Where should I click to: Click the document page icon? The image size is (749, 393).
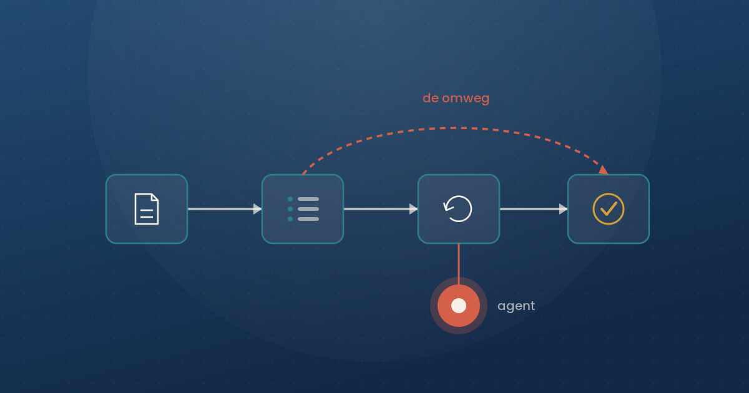point(147,209)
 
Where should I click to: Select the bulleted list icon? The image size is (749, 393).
point(303,209)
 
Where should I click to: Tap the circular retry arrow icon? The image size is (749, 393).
point(458,209)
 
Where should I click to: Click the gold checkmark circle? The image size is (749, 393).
point(608,209)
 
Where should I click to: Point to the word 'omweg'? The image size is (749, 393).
point(466,99)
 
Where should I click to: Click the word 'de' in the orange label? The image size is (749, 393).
point(431,98)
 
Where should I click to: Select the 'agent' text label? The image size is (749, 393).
point(516,306)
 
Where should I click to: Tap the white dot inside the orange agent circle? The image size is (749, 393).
point(458,306)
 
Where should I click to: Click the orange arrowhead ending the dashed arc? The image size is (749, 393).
point(603,170)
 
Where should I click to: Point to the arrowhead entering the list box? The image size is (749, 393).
point(257,209)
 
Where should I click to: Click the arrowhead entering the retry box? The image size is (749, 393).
point(414,209)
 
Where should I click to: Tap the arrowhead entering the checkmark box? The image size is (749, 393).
point(564,209)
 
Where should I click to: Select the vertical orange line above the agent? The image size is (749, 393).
point(458,264)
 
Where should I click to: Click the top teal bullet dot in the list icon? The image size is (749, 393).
point(290,199)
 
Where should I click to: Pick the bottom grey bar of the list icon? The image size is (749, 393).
point(308,219)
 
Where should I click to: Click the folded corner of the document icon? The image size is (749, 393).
point(155,197)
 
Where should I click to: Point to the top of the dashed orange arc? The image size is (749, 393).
point(455,128)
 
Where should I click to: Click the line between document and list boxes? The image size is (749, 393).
point(221,209)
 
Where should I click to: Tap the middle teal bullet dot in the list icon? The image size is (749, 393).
point(290,209)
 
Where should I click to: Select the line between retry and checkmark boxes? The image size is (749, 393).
point(530,209)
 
